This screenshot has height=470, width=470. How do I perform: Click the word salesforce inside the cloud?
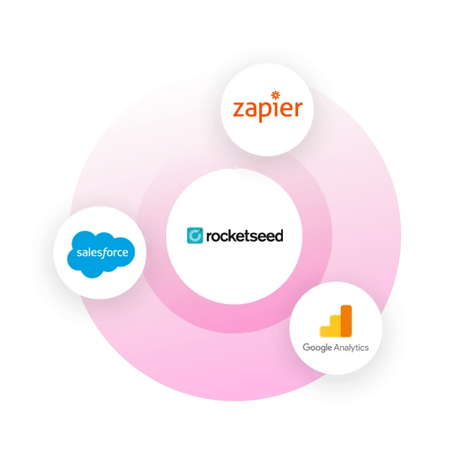click(101, 252)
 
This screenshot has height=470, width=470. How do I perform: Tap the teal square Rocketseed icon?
click(195, 235)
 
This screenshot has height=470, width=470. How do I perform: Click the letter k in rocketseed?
click(233, 234)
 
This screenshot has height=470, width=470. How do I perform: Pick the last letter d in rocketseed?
click(278, 234)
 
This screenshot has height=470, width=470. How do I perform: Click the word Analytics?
click(351, 347)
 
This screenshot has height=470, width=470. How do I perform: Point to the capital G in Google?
click(306, 347)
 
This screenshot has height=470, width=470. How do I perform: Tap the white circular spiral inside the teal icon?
click(195, 235)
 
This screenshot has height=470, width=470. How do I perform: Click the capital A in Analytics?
click(335, 347)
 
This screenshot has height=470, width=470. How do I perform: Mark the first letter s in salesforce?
click(78, 253)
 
